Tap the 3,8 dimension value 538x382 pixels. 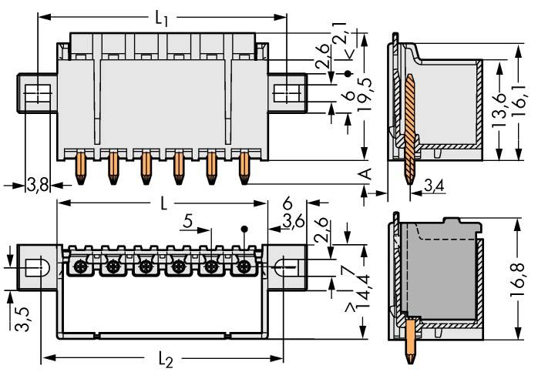(x=36, y=185)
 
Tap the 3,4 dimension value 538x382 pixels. (x=433, y=185)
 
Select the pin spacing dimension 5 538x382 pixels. (x=187, y=223)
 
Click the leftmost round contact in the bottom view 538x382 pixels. (x=80, y=267)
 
